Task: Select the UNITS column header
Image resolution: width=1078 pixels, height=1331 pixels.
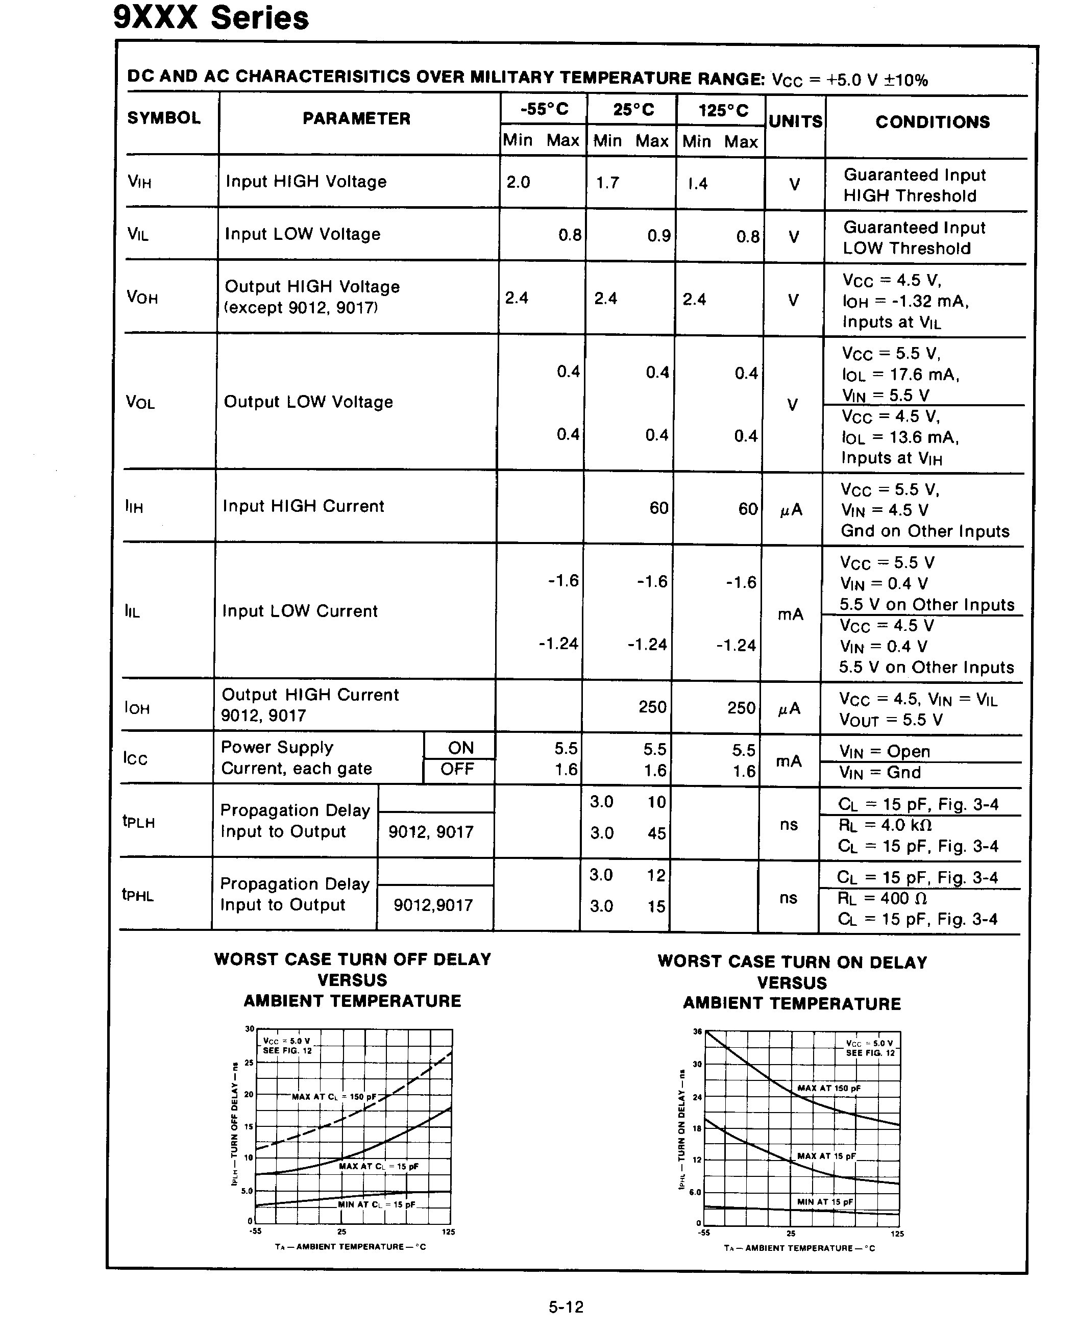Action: point(795,121)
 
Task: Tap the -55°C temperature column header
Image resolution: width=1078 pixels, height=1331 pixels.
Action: point(544,109)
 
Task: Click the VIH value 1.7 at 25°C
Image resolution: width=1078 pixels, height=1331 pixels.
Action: point(607,183)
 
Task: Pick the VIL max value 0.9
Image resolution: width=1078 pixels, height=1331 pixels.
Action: point(659,236)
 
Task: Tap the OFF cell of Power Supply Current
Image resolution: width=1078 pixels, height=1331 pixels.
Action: point(458,769)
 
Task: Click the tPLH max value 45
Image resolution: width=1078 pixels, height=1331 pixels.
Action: point(656,833)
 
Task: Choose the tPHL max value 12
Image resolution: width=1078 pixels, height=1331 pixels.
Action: point(656,875)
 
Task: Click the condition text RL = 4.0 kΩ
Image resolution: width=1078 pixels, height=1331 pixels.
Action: point(885,825)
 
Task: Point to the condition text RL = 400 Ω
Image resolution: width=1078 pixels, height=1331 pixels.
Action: point(882,898)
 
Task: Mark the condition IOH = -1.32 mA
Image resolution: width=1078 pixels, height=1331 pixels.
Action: point(905,302)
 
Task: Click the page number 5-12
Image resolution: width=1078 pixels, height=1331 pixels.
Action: point(566,1307)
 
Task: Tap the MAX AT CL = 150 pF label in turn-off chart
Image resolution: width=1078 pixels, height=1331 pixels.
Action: point(334,1097)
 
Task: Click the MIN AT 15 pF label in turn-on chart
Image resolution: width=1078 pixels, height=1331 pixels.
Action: point(825,1202)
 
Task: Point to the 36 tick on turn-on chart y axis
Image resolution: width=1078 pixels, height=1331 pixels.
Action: point(697,1032)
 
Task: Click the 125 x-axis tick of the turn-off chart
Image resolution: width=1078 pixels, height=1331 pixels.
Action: point(448,1231)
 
